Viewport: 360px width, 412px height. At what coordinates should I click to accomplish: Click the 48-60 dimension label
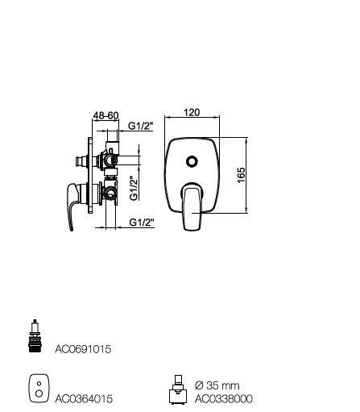[x=106, y=115]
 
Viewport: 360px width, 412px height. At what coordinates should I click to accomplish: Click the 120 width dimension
[x=192, y=112]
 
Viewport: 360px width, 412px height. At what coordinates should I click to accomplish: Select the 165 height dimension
[x=242, y=175]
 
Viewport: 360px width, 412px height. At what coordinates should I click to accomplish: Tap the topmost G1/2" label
[x=140, y=126]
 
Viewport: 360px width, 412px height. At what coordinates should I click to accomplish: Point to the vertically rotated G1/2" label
[x=134, y=189]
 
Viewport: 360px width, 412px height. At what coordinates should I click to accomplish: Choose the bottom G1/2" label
[x=142, y=223]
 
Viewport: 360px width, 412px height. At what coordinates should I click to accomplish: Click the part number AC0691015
[x=83, y=349]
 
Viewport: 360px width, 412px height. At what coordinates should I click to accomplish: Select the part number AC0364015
[x=84, y=398]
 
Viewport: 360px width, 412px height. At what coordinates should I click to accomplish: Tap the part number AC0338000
[x=224, y=398]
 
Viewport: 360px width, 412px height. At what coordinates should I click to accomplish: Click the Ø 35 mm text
[x=217, y=385]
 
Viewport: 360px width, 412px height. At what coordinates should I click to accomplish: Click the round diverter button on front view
[x=192, y=161]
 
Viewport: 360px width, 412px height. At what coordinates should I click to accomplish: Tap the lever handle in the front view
[x=192, y=207]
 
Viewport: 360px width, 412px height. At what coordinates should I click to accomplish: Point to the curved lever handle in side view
[x=72, y=204]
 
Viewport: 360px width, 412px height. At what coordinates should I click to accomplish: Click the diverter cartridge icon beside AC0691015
[x=35, y=335]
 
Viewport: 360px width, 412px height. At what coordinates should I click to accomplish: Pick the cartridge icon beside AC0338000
[x=178, y=389]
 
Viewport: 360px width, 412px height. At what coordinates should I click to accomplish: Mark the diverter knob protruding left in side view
[x=81, y=160]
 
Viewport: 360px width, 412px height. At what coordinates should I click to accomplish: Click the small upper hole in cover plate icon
[x=39, y=384]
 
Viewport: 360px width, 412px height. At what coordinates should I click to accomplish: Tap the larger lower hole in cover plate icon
[x=39, y=393]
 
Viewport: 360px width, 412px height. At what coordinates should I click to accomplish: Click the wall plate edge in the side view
[x=90, y=175]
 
